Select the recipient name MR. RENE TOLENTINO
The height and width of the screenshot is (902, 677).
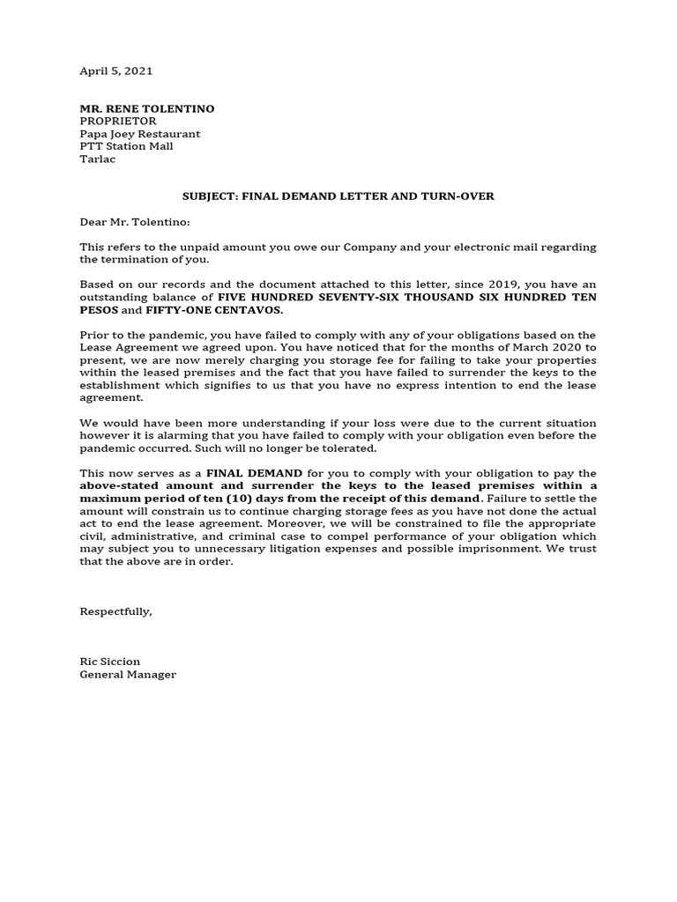(147, 108)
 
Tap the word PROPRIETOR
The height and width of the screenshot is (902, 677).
(118, 121)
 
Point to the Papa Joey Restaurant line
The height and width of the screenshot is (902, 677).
(140, 134)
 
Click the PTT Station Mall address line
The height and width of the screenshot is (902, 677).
(126, 146)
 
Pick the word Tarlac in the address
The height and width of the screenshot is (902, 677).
(98, 159)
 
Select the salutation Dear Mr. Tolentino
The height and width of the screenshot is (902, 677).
(135, 222)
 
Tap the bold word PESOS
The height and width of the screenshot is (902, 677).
(100, 310)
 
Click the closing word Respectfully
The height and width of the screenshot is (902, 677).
(115, 611)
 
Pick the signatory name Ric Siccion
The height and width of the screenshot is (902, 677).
(110, 662)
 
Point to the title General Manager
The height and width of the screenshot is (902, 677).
(128, 674)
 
